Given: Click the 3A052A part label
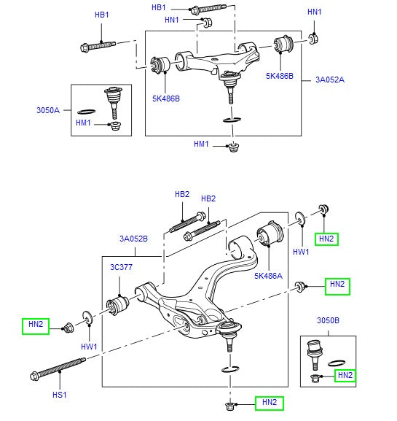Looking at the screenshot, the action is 330,80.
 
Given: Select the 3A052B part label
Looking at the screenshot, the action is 133,239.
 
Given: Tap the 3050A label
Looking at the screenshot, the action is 48,110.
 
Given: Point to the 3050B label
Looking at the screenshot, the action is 328,320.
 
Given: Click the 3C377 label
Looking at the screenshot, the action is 121,267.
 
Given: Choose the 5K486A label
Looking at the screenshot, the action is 268,276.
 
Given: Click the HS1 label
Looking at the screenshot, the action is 59,395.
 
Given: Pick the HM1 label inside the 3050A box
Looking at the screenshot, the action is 83,123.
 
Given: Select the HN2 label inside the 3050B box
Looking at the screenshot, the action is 345,375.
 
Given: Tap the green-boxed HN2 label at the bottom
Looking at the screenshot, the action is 270,402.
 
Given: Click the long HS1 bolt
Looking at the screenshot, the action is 58,368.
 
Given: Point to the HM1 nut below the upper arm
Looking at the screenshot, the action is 234,147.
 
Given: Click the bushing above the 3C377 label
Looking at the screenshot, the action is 118,305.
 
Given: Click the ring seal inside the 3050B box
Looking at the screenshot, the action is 337,363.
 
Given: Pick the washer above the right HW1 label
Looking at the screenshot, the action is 299,219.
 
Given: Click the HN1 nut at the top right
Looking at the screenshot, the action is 313,39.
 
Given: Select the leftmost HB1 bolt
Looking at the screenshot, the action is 98,46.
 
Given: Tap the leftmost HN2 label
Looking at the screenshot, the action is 36,324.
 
